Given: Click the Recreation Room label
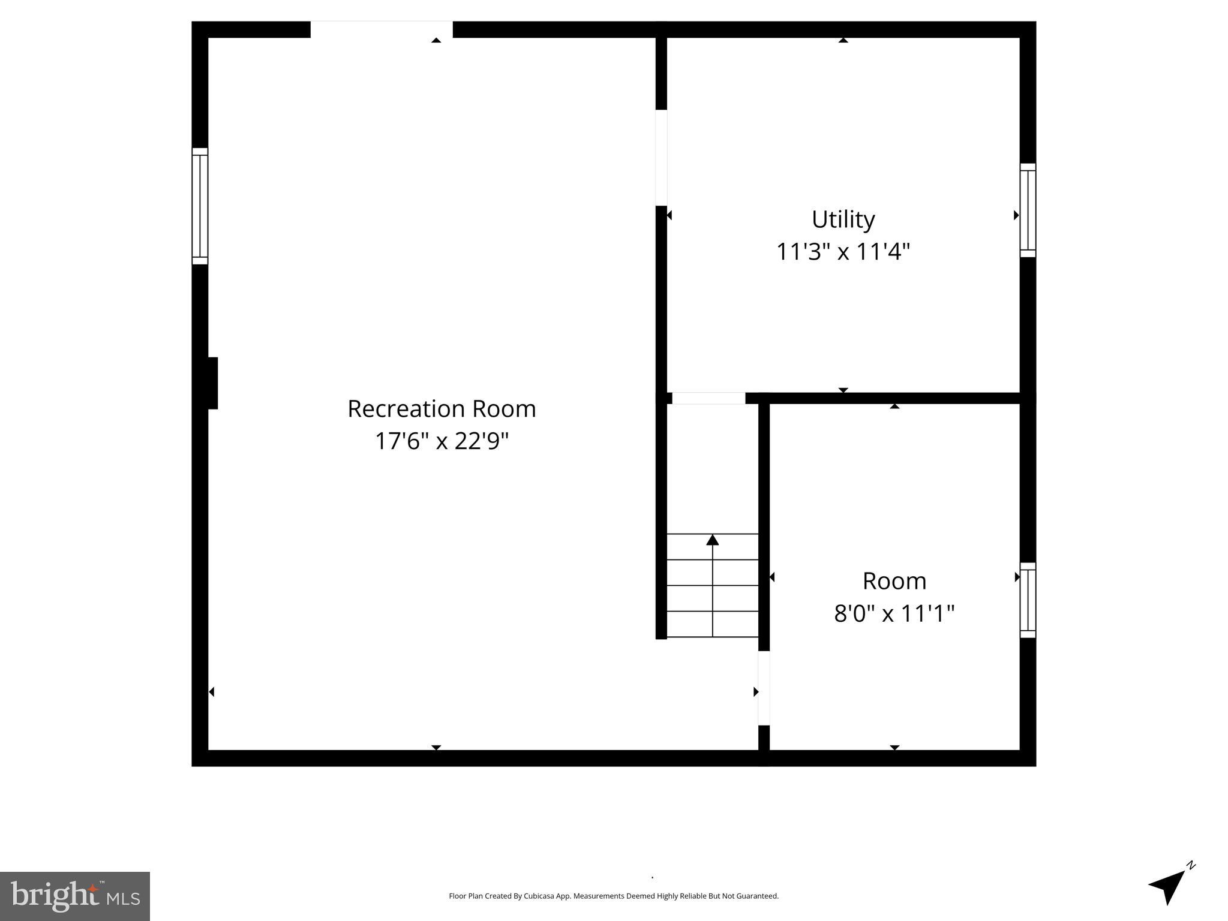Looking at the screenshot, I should [442, 409].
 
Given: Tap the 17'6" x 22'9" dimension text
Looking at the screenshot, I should [442, 441].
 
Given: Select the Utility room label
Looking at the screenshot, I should [843, 219].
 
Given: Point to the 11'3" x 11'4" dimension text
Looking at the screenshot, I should [843, 252].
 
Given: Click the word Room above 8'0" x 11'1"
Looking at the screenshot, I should [894, 581].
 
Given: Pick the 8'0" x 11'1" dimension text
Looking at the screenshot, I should [894, 613].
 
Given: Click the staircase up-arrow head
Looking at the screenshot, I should [712, 540].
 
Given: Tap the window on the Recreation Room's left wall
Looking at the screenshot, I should [200, 206].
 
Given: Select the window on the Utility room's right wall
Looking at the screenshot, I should [1028, 210].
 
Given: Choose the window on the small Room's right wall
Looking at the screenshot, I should [1028, 600].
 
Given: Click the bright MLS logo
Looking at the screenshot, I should [75, 896].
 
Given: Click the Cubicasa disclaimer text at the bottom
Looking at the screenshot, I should [613, 896].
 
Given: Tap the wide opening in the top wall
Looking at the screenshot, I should [381, 29].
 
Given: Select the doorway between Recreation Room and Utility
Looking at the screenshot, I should [661, 158].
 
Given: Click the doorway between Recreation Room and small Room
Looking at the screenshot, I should [764, 688].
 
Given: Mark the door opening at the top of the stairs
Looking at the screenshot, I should [708, 398].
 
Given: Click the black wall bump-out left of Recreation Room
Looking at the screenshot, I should [212, 383].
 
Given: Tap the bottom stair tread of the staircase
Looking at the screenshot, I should [712, 624].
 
